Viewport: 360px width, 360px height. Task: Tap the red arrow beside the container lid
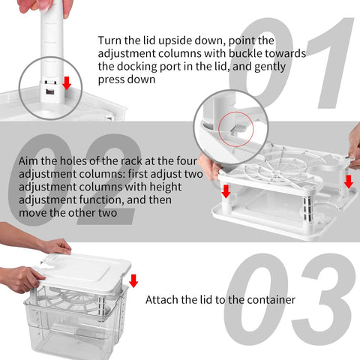[x=133, y=280]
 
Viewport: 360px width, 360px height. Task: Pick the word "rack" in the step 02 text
[x=124, y=160]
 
